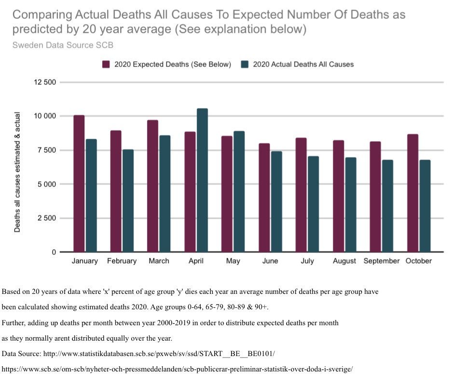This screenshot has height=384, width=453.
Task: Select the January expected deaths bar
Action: click(x=79, y=183)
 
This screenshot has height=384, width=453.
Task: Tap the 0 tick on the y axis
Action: click(x=54, y=252)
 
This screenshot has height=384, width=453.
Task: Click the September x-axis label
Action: click(x=382, y=261)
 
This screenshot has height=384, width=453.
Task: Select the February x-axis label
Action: click(x=122, y=261)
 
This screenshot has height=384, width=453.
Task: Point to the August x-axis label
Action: click(x=344, y=261)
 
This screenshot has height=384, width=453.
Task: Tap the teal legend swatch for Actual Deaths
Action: click(x=245, y=64)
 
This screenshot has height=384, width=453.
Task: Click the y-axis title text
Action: click(x=17, y=172)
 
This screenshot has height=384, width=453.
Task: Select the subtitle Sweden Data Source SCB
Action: click(x=63, y=45)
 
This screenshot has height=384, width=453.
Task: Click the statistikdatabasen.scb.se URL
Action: click(x=159, y=354)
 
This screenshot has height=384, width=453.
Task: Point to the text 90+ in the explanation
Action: click(x=260, y=307)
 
